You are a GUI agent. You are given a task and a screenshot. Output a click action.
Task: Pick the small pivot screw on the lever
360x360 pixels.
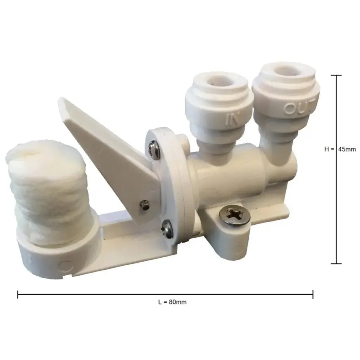coord(143,204)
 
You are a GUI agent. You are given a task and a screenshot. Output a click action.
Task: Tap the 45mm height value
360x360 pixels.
coord(347,149)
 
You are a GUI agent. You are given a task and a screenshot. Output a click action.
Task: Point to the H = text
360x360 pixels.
coord(329,149)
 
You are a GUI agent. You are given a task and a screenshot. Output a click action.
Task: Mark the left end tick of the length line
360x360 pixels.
coord(18,295)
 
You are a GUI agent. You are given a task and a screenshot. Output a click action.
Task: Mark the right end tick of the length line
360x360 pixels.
coord(313,295)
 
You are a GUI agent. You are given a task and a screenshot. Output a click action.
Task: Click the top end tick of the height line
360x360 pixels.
coord(336,76)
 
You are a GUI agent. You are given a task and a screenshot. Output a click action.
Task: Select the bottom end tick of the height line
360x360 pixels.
coord(336,263)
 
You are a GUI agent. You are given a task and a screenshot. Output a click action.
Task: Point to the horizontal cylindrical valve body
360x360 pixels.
coord(229,176)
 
